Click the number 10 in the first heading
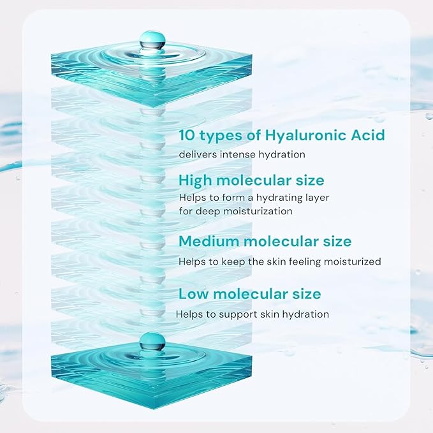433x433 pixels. [187, 135]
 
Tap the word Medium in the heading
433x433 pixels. [209, 242]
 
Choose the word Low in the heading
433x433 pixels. [193, 294]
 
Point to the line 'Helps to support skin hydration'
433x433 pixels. [253, 314]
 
